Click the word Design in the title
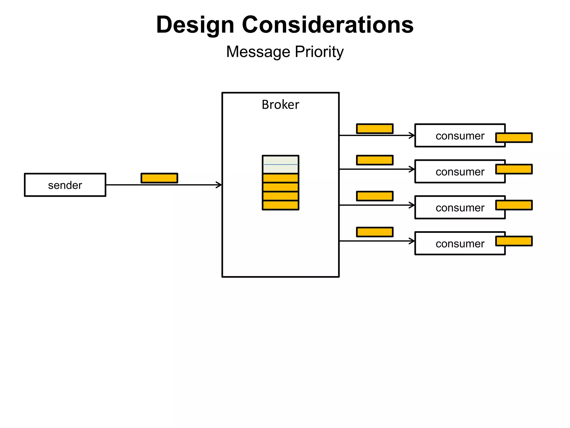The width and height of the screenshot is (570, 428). point(195,25)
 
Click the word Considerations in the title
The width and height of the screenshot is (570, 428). point(328,25)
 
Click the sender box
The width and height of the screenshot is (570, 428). point(65,185)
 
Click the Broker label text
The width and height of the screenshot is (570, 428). point(280,105)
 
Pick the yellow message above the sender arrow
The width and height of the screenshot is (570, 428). point(159,178)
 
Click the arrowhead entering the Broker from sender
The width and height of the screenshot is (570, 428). point(219,185)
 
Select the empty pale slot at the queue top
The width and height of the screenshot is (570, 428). point(281,164)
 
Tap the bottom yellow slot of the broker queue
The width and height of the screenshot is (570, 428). point(281,205)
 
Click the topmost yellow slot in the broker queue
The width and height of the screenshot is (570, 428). point(281,178)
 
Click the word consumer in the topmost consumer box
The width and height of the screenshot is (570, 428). point(460,136)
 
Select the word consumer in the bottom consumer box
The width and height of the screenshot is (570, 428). point(460,244)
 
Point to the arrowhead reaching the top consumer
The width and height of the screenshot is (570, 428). point(412,135)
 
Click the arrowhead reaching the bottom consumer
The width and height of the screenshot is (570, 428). point(412,241)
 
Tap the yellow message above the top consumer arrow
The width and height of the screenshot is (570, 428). point(375,129)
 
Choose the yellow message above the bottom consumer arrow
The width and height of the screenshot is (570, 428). point(375,232)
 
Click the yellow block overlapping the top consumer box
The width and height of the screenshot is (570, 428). point(514,138)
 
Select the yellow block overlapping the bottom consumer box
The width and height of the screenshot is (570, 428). point(514,241)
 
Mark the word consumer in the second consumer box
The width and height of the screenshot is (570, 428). point(460,172)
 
